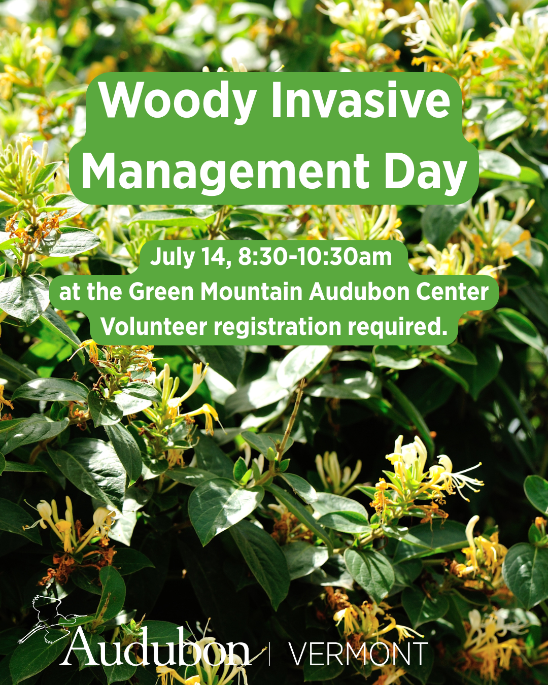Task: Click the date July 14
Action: click(192, 258)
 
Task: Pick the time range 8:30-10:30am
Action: click(315, 257)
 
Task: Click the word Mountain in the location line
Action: click(251, 292)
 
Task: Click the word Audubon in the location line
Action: click(359, 292)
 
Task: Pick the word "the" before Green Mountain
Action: click(104, 292)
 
